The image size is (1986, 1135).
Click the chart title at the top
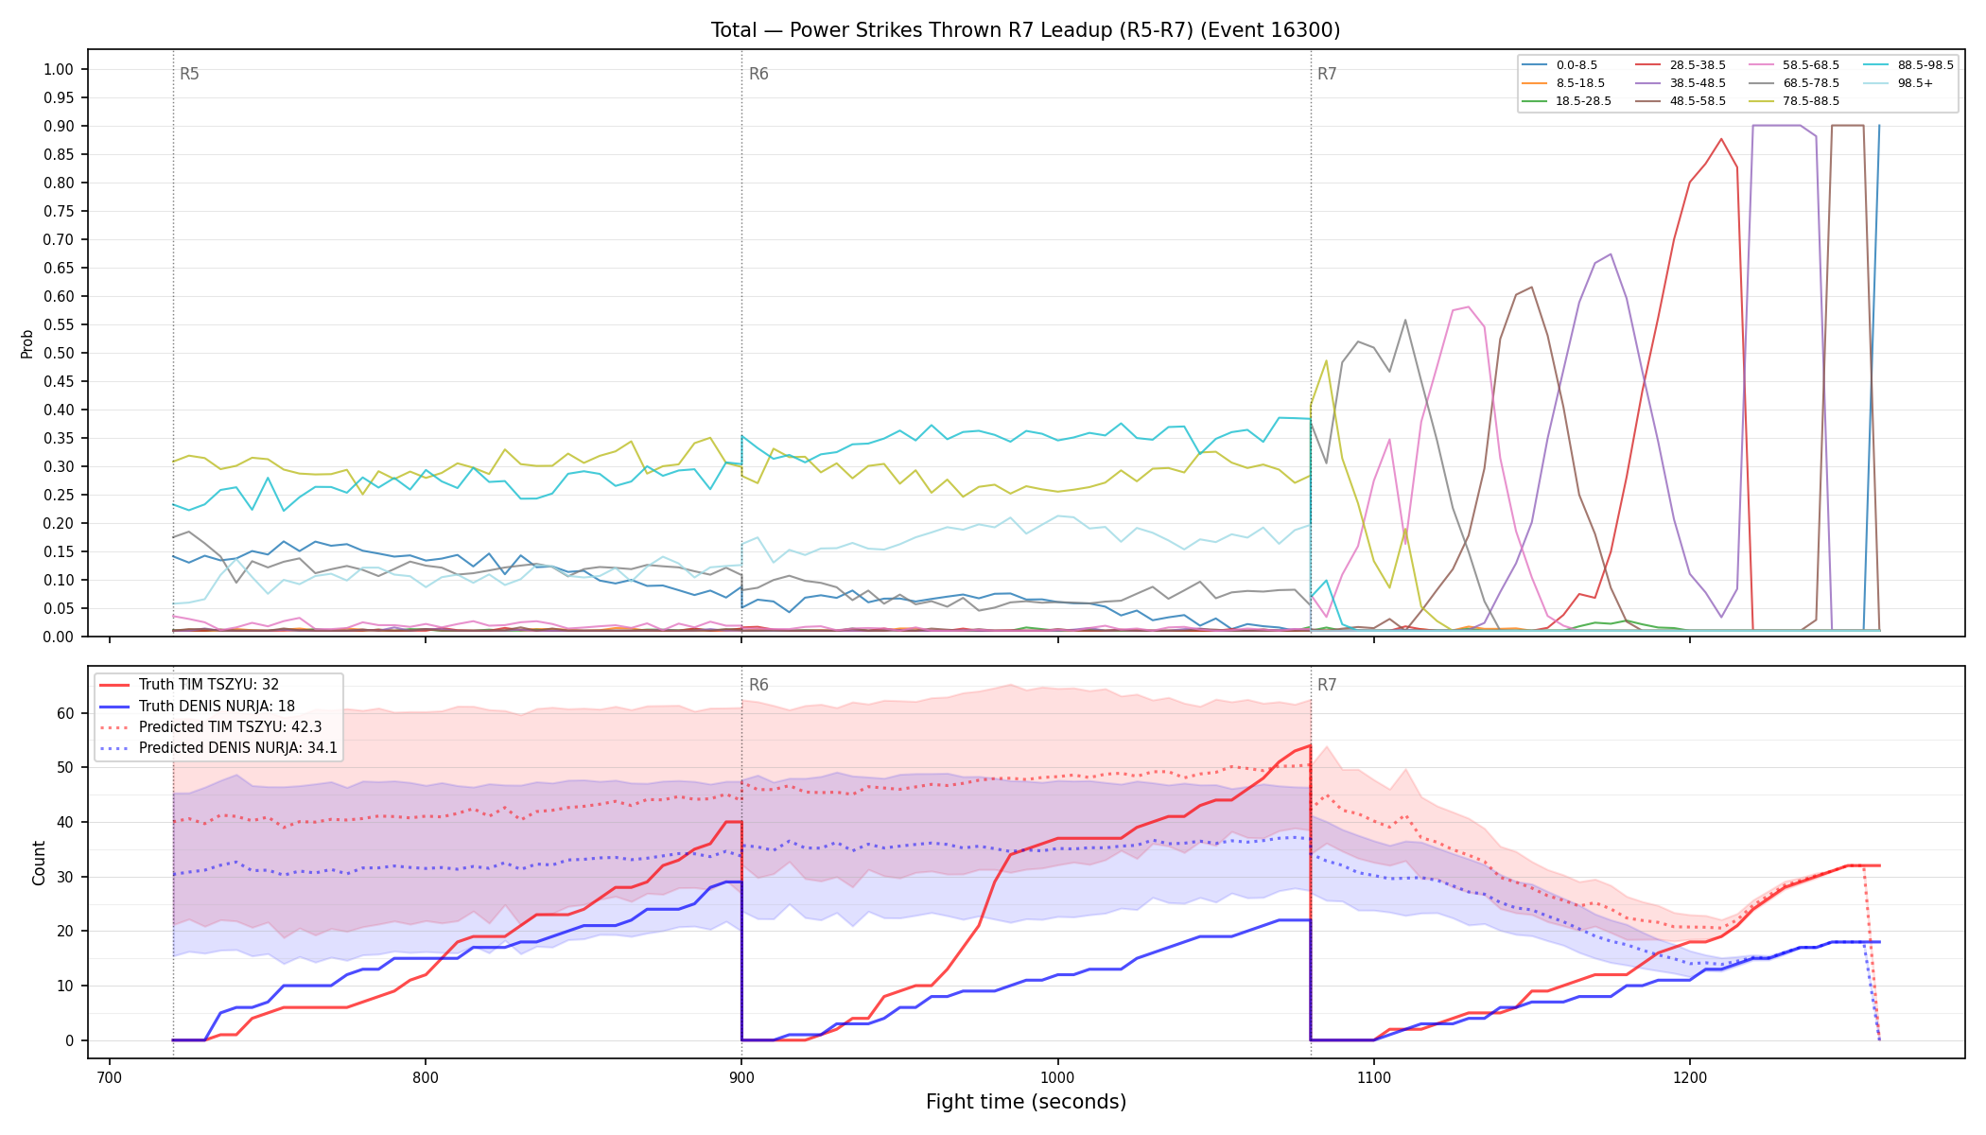[1025, 30]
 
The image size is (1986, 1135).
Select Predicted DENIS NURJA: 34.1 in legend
[218, 748]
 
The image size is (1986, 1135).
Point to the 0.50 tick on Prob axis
[59, 353]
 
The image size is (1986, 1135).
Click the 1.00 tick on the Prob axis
[59, 69]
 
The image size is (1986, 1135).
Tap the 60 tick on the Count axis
[65, 713]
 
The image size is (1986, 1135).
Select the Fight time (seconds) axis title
[1026, 1102]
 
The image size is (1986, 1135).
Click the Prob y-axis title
[26, 343]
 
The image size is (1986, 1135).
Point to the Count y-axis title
[39, 863]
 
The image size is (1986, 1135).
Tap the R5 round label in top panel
[189, 74]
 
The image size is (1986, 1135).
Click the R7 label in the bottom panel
[1327, 685]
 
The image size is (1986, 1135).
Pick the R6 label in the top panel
[758, 74]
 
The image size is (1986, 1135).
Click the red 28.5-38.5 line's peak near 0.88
[1721, 139]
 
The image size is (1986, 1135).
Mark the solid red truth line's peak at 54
[1310, 745]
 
